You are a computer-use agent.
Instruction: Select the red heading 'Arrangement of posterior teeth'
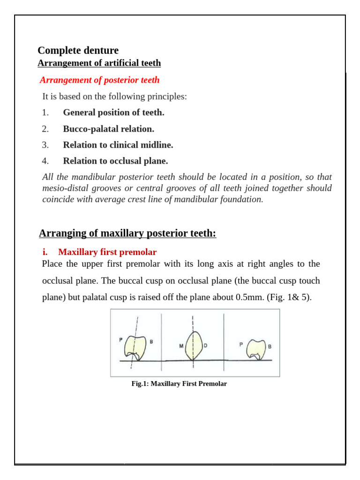99,80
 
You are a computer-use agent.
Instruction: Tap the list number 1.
45,112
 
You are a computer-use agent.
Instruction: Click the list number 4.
45,161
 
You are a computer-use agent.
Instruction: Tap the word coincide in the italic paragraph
59,199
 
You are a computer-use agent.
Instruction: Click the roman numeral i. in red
45,252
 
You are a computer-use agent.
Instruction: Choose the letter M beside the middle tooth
181,346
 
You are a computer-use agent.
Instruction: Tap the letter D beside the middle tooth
205,345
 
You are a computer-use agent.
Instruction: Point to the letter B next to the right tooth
270,346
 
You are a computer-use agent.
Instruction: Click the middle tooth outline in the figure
193,345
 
